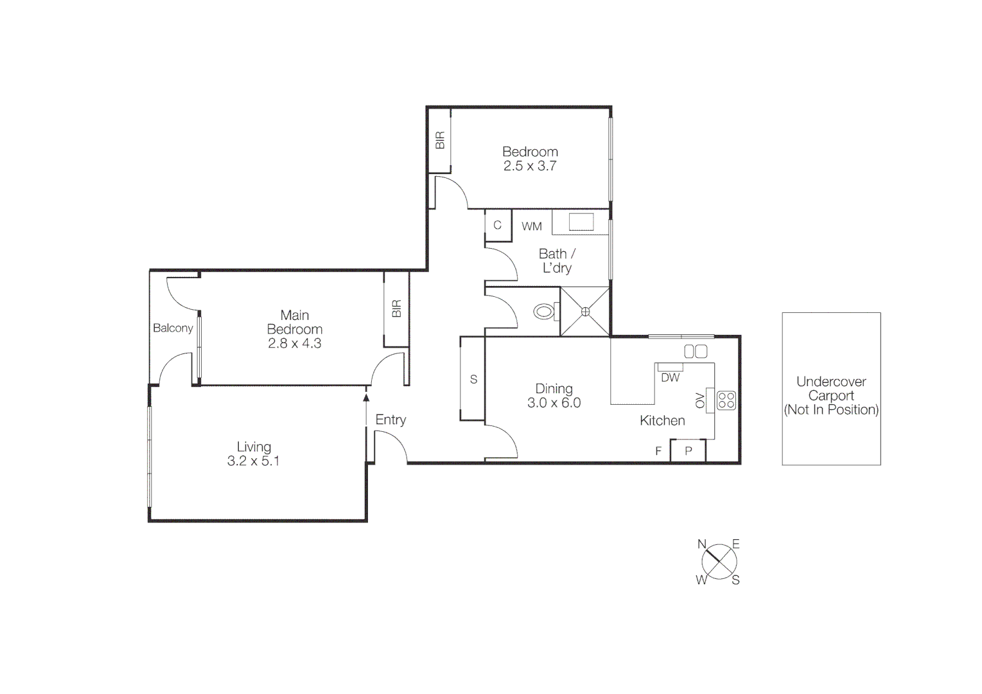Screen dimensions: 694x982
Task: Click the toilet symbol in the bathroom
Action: tap(544, 312)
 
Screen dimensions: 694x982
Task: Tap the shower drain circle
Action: tap(585, 312)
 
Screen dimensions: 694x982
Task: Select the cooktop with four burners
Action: tap(726, 400)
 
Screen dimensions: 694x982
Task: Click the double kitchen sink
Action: tap(696, 351)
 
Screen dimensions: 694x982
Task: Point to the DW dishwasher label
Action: tap(670, 378)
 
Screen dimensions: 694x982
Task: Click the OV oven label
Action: tap(700, 400)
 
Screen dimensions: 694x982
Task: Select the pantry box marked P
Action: tap(688, 450)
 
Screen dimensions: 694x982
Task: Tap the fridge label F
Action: tap(658, 451)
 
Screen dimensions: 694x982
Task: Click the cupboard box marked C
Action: tap(497, 226)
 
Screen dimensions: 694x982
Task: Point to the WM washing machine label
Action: tap(532, 226)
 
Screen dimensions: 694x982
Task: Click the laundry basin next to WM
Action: tap(581, 222)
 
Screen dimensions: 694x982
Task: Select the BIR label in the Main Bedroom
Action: tap(396, 309)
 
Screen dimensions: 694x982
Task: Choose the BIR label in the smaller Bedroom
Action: tap(440, 141)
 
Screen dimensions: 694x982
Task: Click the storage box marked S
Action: tap(473, 379)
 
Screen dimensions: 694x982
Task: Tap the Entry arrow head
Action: tap(366, 398)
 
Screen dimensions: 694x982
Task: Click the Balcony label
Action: tap(173, 328)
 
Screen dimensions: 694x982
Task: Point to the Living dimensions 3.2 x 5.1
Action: tap(253, 461)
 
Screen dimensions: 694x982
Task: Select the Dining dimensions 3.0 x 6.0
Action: tap(554, 403)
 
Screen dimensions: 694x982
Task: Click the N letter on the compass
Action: tap(702, 544)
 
